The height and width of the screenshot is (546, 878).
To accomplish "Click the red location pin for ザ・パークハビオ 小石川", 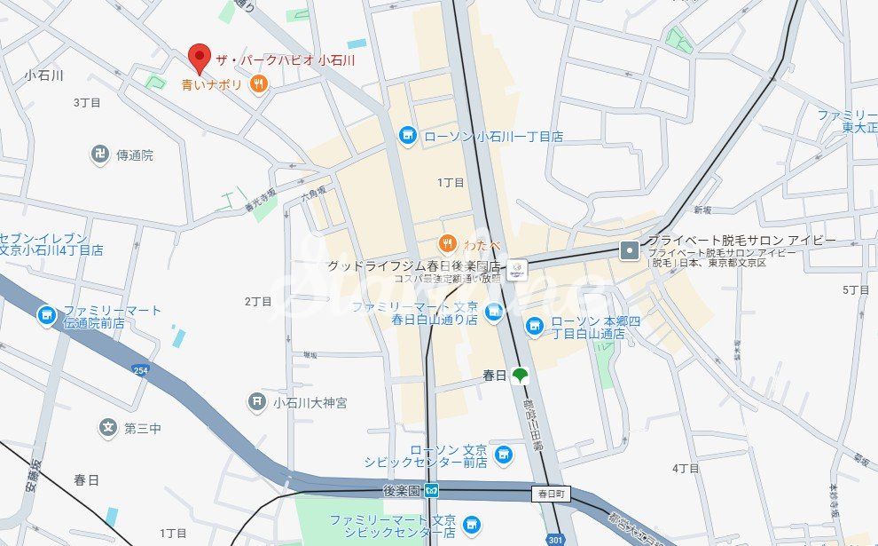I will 200,57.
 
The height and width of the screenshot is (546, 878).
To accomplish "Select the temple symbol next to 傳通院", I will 100,154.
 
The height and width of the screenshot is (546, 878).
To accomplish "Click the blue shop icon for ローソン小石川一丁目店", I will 407,135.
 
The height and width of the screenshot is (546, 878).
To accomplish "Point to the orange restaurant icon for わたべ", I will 448,243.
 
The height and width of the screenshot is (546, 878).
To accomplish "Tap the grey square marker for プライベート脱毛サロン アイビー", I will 630,250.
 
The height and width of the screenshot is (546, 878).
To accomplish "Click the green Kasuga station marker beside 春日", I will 520,376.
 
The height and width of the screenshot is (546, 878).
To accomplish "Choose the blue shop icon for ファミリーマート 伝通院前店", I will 46,315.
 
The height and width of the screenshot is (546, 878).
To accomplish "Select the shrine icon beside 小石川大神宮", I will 257,402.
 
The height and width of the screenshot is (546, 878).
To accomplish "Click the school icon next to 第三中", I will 108,428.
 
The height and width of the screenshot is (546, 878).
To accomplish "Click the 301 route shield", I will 555,538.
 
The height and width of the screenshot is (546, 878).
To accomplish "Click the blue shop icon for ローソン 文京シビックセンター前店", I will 504,455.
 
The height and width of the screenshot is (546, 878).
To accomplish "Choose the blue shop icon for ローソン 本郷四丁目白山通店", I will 535,327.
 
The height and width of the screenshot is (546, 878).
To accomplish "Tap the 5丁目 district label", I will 856,290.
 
